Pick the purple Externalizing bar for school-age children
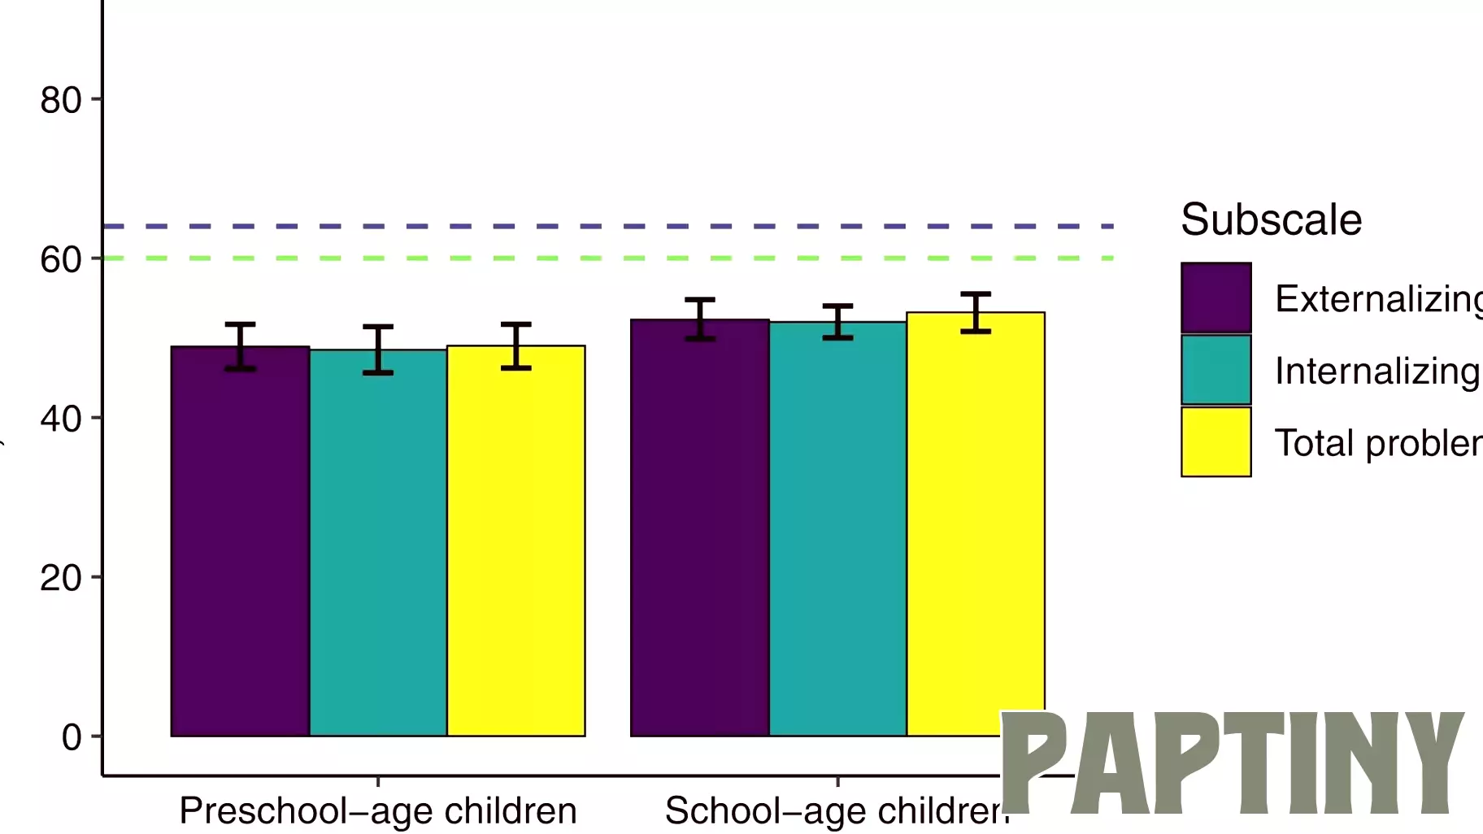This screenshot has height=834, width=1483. point(699,528)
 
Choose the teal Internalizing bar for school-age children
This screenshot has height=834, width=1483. point(837,528)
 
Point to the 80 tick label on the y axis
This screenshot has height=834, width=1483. point(61,100)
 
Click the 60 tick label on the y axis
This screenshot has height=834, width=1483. point(61,259)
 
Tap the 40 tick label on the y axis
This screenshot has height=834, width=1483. point(61,419)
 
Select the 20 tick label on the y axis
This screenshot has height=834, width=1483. point(61,578)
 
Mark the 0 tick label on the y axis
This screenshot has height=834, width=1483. point(72,737)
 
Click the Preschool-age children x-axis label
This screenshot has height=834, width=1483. point(377,810)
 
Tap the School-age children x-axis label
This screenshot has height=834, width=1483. point(833,810)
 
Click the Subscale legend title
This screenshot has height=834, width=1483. point(1271,219)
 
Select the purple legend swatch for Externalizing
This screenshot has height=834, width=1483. point(1216,298)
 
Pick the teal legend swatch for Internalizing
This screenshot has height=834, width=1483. point(1216,370)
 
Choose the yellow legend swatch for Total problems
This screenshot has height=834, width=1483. point(1216,441)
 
